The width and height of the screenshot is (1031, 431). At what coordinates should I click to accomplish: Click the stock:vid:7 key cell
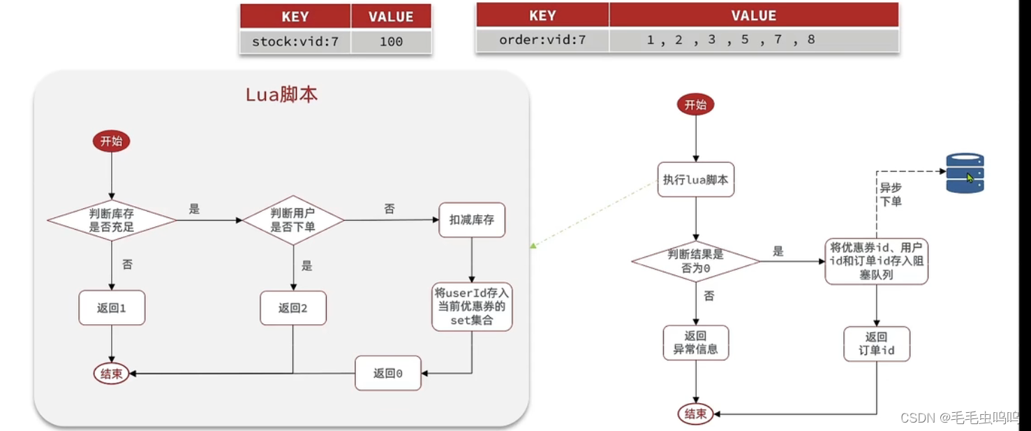295,41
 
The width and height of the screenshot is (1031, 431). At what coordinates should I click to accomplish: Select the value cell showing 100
391,41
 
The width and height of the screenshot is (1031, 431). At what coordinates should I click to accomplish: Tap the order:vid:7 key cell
542,40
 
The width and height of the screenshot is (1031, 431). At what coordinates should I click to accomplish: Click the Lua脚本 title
281,95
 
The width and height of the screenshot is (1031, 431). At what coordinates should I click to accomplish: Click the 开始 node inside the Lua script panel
111,141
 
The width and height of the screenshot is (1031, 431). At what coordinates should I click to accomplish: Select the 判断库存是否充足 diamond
112,220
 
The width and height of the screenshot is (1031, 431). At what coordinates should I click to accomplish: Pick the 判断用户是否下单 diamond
293,220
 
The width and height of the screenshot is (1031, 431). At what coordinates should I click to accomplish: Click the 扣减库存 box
472,219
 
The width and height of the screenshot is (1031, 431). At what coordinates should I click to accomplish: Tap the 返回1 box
112,308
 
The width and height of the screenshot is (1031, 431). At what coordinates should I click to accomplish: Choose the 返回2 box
293,308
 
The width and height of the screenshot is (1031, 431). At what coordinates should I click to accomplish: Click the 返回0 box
388,373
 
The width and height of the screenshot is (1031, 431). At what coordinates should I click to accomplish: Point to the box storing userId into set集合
472,307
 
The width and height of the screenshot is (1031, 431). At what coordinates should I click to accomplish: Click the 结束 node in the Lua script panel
112,374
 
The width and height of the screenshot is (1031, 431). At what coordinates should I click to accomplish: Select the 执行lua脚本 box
696,180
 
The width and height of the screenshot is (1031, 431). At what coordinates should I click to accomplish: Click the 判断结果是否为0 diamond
696,261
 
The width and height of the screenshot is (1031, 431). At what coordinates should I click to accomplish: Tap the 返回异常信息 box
696,342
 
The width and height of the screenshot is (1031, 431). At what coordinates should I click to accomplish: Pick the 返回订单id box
877,343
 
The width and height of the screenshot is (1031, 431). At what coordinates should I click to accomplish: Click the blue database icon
965,173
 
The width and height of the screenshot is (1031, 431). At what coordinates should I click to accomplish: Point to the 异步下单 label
890,195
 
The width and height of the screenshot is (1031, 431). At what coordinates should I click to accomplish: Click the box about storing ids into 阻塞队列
877,261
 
